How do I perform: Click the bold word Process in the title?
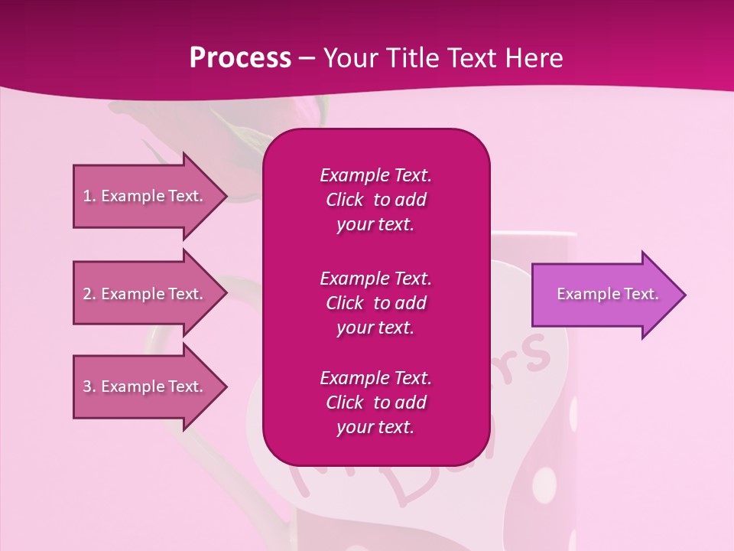click(x=240, y=57)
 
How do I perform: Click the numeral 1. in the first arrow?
click(x=89, y=196)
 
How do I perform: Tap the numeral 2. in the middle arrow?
click(x=89, y=294)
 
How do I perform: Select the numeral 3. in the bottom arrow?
click(x=89, y=386)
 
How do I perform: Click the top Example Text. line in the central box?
click(x=375, y=175)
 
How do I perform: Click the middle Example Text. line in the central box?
click(x=375, y=278)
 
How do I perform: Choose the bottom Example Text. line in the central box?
click(x=375, y=378)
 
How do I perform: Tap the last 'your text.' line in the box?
click(x=375, y=428)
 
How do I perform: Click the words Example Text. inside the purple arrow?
click(x=608, y=294)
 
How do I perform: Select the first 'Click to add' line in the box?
click(x=375, y=200)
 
